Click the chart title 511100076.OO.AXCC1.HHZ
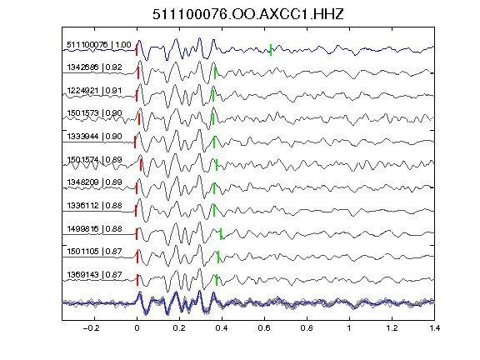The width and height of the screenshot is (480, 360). click(x=248, y=14)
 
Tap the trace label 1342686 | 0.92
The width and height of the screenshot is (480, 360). click(x=95, y=67)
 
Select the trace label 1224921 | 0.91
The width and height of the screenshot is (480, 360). click(x=95, y=91)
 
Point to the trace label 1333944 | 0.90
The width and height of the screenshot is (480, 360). click(x=95, y=136)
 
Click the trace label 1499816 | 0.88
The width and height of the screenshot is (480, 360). click(x=95, y=228)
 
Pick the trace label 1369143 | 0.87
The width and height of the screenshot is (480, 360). click(x=95, y=275)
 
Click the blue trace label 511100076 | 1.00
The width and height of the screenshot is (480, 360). click(x=99, y=45)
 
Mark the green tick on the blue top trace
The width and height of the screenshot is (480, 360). click(x=271, y=50)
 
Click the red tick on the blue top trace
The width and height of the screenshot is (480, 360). click(x=137, y=50)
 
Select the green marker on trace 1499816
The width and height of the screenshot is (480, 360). click(x=221, y=234)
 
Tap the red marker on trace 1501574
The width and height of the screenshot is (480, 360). click(x=141, y=165)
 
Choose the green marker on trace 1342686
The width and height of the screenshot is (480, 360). click(x=215, y=73)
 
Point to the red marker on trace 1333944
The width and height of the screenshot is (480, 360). click(x=135, y=142)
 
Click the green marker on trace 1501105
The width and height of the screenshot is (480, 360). click(x=218, y=257)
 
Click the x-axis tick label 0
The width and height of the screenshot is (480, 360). click(x=137, y=328)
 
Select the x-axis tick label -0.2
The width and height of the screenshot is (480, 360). click(x=91, y=328)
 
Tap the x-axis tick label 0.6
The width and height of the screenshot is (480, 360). click(x=264, y=328)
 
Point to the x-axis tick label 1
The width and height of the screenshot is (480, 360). click(x=349, y=328)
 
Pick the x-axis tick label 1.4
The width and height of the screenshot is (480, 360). click(x=434, y=328)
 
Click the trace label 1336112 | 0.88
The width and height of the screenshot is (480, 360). click(x=95, y=205)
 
